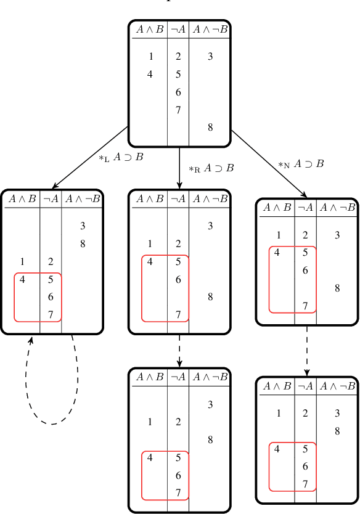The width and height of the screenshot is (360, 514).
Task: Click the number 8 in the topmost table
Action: pos(210,128)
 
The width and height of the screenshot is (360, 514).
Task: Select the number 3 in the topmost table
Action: pos(210,57)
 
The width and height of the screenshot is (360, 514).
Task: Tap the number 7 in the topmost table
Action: pos(178,110)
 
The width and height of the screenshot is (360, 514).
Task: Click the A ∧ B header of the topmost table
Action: pos(149,29)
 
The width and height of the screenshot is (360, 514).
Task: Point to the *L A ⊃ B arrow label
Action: pos(121,158)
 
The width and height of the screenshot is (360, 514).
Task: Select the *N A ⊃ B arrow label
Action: pos(301,165)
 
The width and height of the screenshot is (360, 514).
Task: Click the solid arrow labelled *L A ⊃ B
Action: pos(90,157)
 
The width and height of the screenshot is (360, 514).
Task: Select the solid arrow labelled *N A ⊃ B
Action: pos(269,161)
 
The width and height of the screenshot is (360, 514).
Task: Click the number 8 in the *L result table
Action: pos(83,243)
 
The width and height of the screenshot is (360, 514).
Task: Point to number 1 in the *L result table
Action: pos(22,261)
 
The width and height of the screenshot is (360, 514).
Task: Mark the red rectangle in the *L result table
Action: pos(38,296)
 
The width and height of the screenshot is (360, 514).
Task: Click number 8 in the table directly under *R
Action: pos(210,296)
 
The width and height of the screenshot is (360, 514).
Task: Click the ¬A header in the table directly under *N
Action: pos(305,207)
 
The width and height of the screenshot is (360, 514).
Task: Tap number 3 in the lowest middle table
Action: pos(210,404)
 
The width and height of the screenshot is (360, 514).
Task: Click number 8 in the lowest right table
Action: pos(337,431)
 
